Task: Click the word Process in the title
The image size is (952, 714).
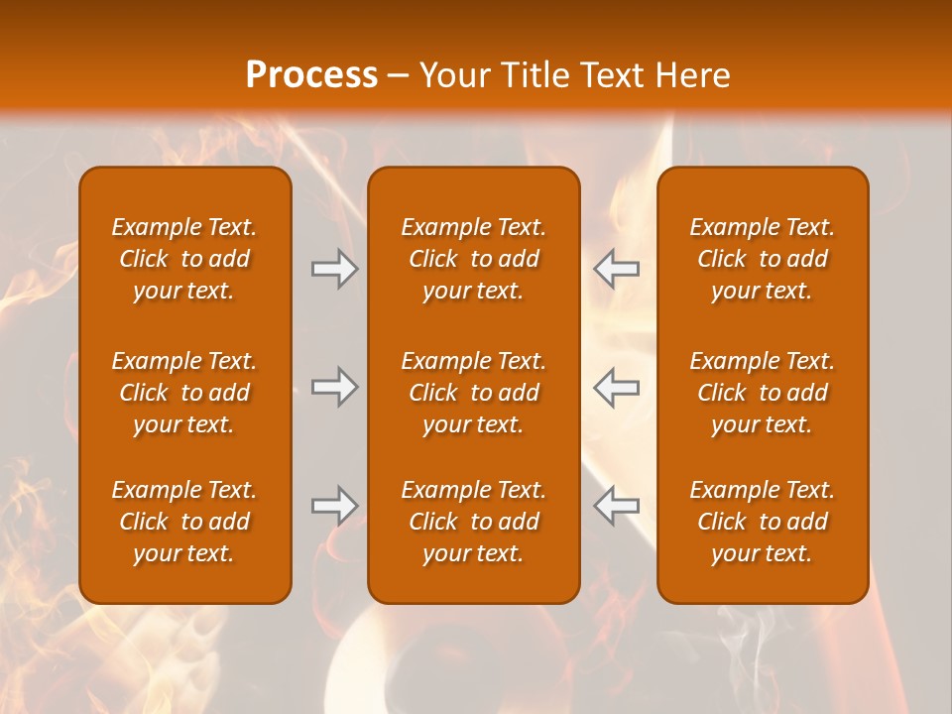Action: point(311,75)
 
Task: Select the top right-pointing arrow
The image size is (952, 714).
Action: point(334,269)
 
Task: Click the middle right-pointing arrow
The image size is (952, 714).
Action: point(334,387)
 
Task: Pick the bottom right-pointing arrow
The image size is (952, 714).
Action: point(334,506)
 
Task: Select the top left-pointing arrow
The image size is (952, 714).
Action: point(616,269)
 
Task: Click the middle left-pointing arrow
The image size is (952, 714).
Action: point(616,387)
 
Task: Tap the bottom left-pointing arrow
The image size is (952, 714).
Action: point(616,506)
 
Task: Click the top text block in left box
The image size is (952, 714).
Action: point(184,259)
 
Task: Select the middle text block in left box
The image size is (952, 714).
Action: point(184,393)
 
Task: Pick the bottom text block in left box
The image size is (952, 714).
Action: point(184,522)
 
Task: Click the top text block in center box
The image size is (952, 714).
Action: point(473,259)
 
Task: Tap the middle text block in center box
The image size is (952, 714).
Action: point(473,393)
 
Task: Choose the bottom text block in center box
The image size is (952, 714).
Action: point(473,522)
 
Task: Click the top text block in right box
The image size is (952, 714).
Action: point(762,259)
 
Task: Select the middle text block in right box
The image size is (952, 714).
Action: point(762,393)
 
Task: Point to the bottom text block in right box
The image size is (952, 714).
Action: point(762,522)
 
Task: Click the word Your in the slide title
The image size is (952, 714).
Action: point(453,75)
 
